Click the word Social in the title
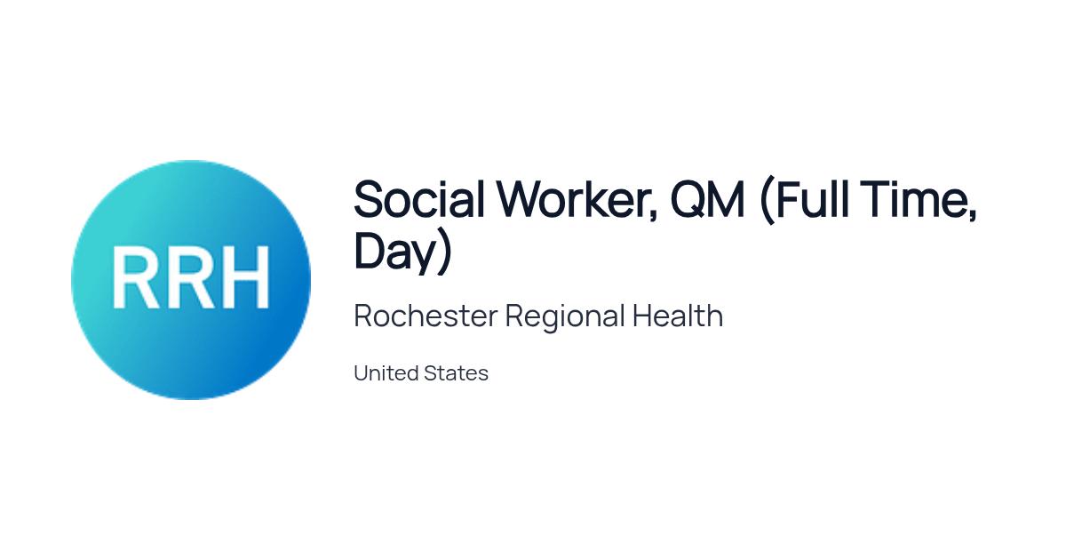pyautogui.click(x=419, y=199)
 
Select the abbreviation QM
pyautogui.click(x=707, y=199)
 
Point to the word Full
pyautogui.click(x=812, y=199)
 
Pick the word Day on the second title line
pyautogui.click(x=395, y=252)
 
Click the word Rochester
pyautogui.click(x=426, y=316)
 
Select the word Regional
pyautogui.click(x=565, y=317)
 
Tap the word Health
pyautogui.click(x=678, y=316)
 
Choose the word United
pyautogui.click(x=386, y=372)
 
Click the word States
pyautogui.click(x=456, y=372)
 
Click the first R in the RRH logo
pyautogui.click(x=136, y=277)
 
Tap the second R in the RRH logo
pyautogui.click(x=189, y=277)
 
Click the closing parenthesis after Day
pyautogui.click(x=444, y=252)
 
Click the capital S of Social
pyautogui.click(x=368, y=199)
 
